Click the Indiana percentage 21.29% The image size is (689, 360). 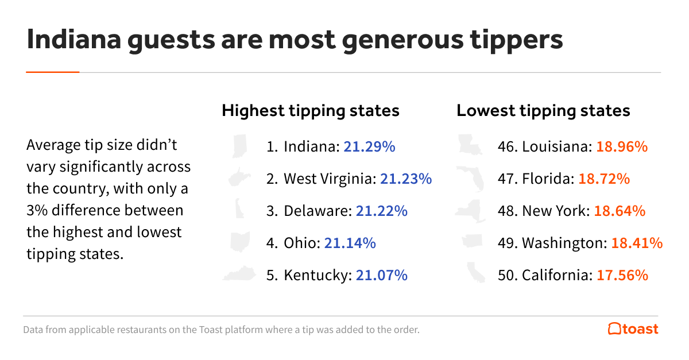coord(369,146)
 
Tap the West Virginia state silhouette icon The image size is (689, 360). coord(240,178)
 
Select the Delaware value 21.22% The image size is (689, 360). coord(381,211)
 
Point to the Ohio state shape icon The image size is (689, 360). coord(240,242)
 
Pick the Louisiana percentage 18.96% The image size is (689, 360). coord(622,146)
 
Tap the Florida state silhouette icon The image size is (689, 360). coord(471,178)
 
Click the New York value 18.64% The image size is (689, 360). coord(620,211)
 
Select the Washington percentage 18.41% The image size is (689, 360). coord(637,243)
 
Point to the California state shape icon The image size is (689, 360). coord(475,273)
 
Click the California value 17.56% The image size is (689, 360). coord(622,275)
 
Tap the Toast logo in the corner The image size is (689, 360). coord(633,329)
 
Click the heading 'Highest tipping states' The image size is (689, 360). coord(310,110)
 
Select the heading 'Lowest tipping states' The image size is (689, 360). coord(543,110)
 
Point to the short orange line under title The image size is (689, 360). coord(53,72)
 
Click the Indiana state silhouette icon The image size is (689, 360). coord(239,146)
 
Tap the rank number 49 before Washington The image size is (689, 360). coord(508,243)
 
